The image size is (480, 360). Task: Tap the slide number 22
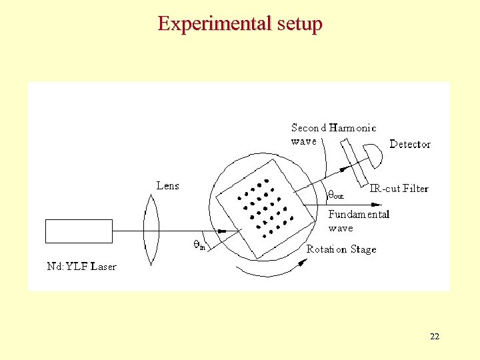pyautogui.click(x=435, y=337)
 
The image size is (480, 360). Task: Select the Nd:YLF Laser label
pyautogui.click(x=81, y=267)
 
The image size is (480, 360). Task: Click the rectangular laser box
pyautogui.click(x=79, y=231)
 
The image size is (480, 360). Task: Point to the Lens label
pyautogui.click(x=167, y=185)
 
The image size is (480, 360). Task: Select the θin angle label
pyautogui.click(x=199, y=245)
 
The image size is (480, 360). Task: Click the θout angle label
pyautogui.click(x=335, y=195)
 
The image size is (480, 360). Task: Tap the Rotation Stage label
pyautogui.click(x=341, y=249)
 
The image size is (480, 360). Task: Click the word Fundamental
pyautogui.click(x=359, y=215)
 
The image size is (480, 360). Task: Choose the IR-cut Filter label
pyautogui.click(x=399, y=189)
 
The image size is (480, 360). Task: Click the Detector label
pyautogui.click(x=409, y=144)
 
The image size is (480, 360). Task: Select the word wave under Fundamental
pyautogui.click(x=341, y=228)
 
